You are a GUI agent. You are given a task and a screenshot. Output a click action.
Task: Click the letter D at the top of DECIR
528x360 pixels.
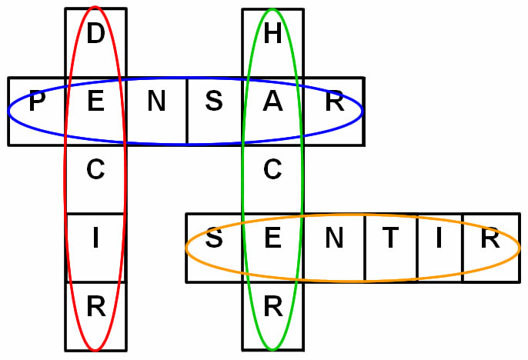click(x=95, y=35)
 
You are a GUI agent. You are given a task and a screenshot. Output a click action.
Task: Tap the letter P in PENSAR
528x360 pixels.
click(x=35, y=102)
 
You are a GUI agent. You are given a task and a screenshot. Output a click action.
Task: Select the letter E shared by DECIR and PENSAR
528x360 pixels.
click(x=95, y=102)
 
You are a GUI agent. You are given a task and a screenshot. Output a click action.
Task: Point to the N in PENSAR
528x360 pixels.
click(x=156, y=102)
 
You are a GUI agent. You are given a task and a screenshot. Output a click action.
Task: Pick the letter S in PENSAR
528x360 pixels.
click(x=215, y=102)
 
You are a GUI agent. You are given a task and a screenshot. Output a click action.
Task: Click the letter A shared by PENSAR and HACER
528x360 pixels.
click(x=272, y=102)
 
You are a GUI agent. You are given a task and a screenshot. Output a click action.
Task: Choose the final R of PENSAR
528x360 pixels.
click(x=334, y=102)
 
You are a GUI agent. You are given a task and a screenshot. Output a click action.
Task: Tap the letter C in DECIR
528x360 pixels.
click(x=95, y=171)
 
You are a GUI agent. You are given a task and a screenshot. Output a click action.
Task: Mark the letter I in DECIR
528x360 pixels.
click(x=95, y=239)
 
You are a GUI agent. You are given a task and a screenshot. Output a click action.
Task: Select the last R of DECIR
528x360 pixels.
click(x=95, y=308)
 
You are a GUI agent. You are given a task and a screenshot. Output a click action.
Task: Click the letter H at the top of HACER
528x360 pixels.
click(x=272, y=35)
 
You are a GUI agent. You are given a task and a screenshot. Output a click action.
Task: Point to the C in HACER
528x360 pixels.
click(x=272, y=171)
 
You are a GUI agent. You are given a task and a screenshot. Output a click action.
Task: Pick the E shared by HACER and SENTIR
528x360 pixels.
click(x=272, y=239)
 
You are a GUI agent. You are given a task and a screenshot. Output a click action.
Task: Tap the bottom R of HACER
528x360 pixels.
click(x=272, y=308)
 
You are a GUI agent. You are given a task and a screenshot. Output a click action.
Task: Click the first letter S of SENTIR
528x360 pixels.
click(x=215, y=239)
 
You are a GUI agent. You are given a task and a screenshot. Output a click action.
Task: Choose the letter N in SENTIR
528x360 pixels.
click(x=333, y=239)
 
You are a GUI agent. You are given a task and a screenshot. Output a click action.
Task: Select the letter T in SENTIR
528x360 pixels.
click(x=391, y=239)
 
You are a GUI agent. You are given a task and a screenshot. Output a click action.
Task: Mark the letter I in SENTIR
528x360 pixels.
click(x=439, y=239)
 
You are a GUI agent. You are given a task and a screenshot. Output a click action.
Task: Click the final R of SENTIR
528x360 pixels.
click(x=490, y=239)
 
